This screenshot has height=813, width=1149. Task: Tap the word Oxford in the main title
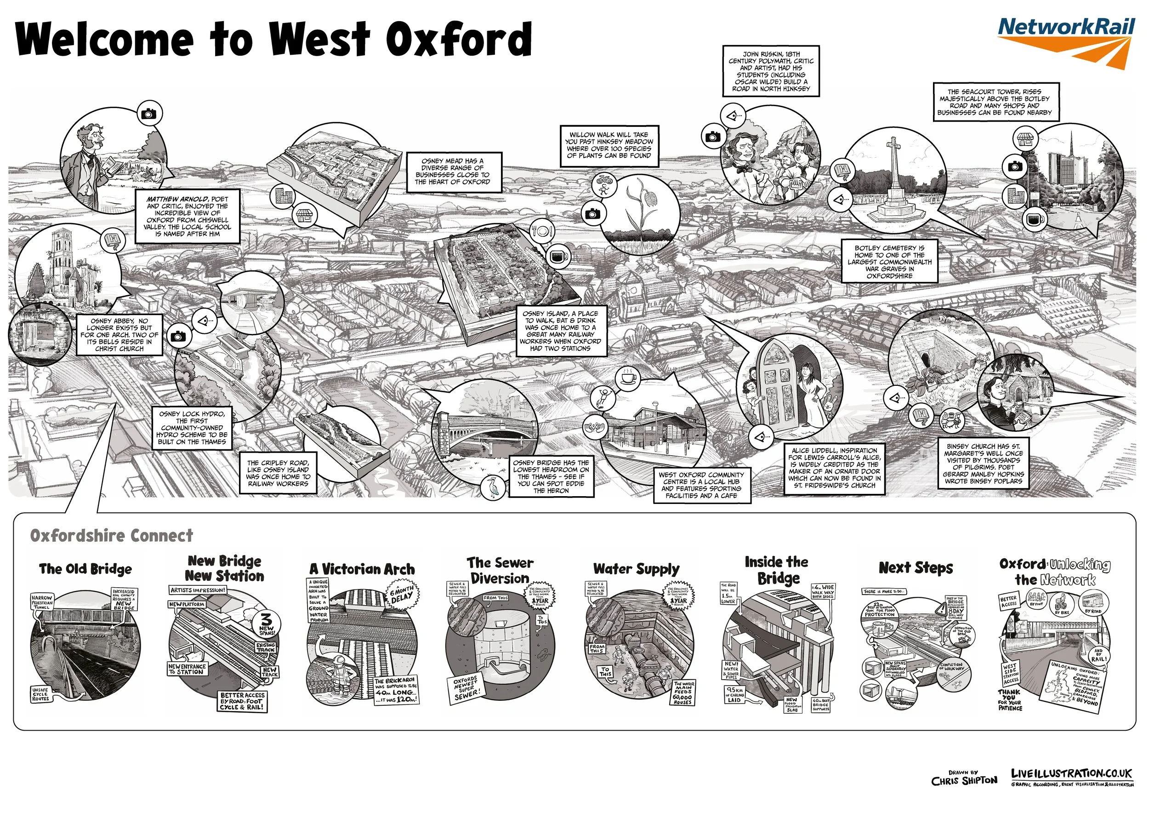pyautogui.click(x=458, y=39)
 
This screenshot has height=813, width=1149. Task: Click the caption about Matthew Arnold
pyautogui.click(x=187, y=216)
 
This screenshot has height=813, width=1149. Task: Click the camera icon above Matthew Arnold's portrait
pyautogui.click(x=148, y=114)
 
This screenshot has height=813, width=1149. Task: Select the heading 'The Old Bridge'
pyautogui.click(x=85, y=569)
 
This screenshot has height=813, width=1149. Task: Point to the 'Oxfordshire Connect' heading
pyautogui.click(x=111, y=536)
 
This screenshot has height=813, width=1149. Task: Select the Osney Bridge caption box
pyautogui.click(x=551, y=476)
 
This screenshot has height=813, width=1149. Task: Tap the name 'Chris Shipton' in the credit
pyautogui.click(x=964, y=781)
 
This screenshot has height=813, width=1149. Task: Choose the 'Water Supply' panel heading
pyautogui.click(x=636, y=569)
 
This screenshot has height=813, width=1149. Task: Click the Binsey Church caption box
pyautogui.click(x=984, y=464)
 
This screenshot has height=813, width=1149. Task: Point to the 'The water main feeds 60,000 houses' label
pyautogui.click(x=683, y=693)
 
